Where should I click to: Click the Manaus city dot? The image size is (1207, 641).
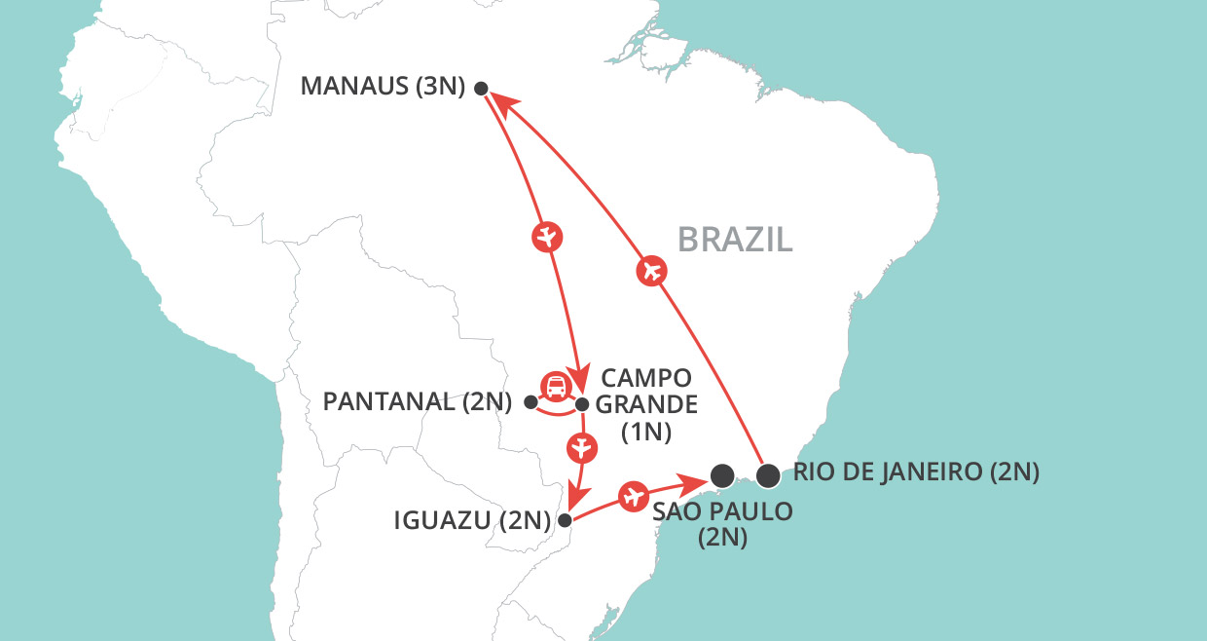[x=480, y=88]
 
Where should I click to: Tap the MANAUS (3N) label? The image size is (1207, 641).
[x=384, y=86]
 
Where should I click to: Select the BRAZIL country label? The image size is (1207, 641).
[x=735, y=239]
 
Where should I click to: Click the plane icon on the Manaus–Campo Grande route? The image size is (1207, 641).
[x=548, y=236]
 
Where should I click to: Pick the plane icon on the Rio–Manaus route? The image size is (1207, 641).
[x=652, y=271]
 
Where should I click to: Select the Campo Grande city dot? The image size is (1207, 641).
[x=582, y=403]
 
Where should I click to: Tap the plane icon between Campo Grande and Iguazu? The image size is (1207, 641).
[x=581, y=447]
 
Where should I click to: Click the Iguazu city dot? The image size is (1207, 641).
[x=565, y=519]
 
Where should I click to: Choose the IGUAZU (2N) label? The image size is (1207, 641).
[x=472, y=519]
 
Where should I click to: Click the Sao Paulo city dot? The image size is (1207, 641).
[x=721, y=475]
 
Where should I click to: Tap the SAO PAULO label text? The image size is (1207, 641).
[x=722, y=510]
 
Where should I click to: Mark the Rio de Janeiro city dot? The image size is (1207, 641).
[x=768, y=475]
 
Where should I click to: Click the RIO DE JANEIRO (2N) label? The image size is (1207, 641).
[x=916, y=473]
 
